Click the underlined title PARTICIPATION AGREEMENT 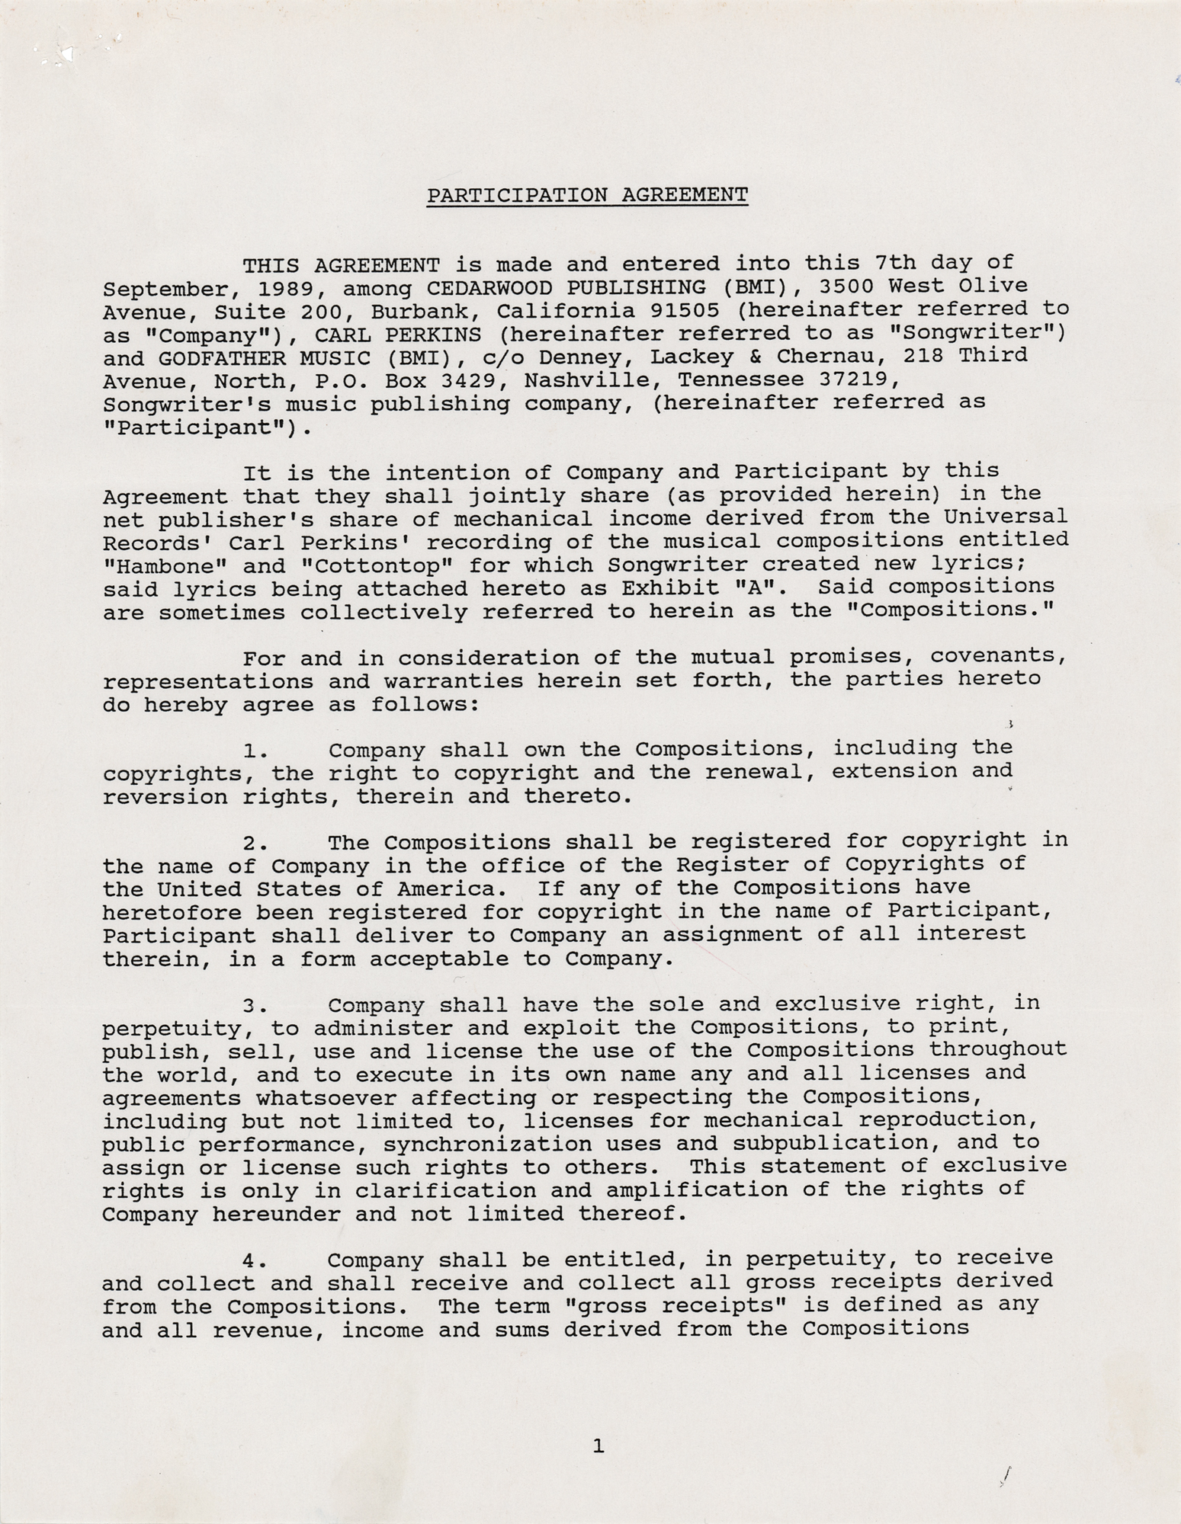point(587,196)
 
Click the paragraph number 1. point(254,751)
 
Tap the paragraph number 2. point(254,844)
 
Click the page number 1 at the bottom point(598,1446)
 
